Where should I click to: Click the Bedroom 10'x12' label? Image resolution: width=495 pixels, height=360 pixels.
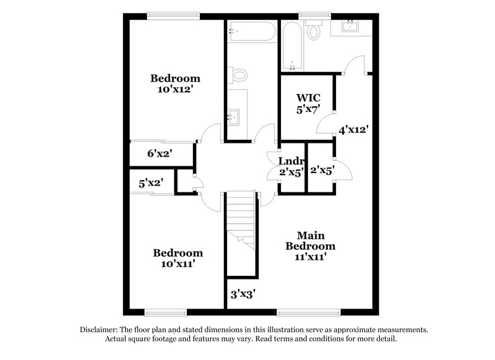[x=176, y=84]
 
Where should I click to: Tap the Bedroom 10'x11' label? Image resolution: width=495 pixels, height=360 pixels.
[x=178, y=258]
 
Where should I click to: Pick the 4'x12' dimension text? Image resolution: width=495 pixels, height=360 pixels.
[x=353, y=130]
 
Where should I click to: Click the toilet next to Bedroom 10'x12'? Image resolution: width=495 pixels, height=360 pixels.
[x=238, y=75]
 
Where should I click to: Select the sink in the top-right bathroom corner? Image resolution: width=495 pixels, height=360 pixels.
[x=351, y=26]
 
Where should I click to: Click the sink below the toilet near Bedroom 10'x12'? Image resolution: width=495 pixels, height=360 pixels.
[x=235, y=115]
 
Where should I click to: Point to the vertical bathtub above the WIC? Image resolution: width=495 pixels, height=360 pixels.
[x=292, y=46]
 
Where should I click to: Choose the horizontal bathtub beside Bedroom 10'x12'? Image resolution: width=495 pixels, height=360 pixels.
[x=251, y=31]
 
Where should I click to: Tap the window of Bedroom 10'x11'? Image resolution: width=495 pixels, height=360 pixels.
[x=165, y=312]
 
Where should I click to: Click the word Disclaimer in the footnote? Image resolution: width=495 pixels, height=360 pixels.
[x=101, y=330]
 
